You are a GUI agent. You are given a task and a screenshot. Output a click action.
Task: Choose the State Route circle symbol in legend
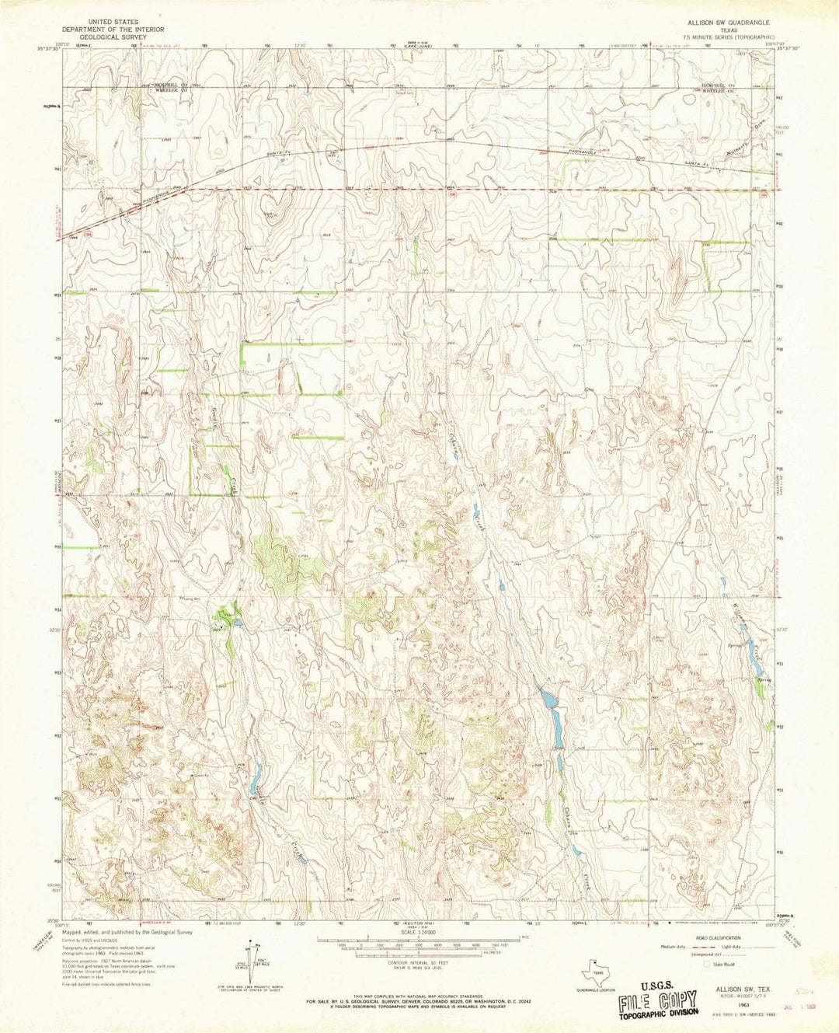[x=707, y=964]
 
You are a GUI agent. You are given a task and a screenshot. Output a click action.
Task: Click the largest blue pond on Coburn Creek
[x=548, y=700]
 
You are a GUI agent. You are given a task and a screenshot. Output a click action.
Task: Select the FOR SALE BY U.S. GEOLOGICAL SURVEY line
[x=419, y=1002]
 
